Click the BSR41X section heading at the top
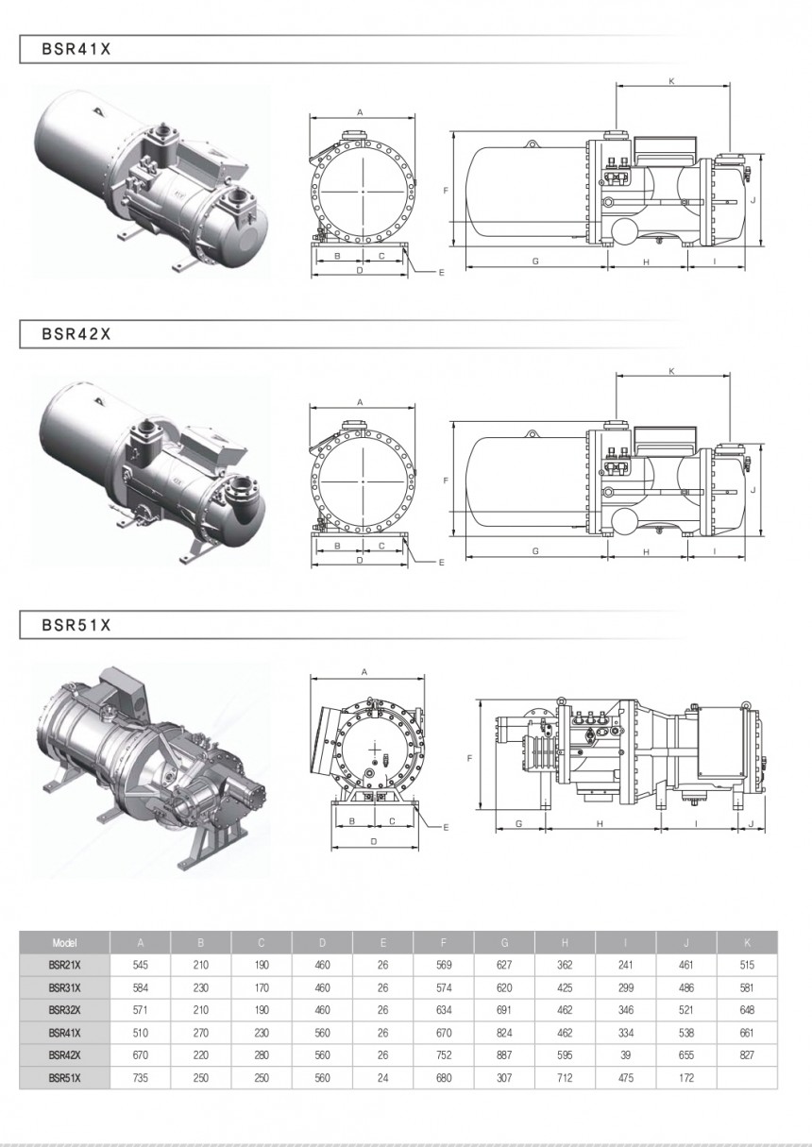point(76,49)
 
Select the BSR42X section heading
point(76,333)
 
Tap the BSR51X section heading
point(76,625)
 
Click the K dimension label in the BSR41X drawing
point(671,81)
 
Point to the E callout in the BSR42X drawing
point(441,563)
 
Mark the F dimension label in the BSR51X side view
point(469,758)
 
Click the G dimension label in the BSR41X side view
point(534,261)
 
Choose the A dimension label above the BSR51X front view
point(364,672)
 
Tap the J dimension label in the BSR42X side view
point(753,490)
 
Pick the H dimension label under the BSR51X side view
point(601,824)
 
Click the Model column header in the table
point(65,942)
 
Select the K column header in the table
point(747,942)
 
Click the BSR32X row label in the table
point(65,1010)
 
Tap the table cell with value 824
point(504,1032)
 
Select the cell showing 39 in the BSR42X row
point(625,1054)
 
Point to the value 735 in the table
point(141,1077)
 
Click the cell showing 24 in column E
point(382,1077)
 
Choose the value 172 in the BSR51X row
point(686,1077)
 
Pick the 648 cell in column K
point(747,1010)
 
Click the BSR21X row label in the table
point(65,965)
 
